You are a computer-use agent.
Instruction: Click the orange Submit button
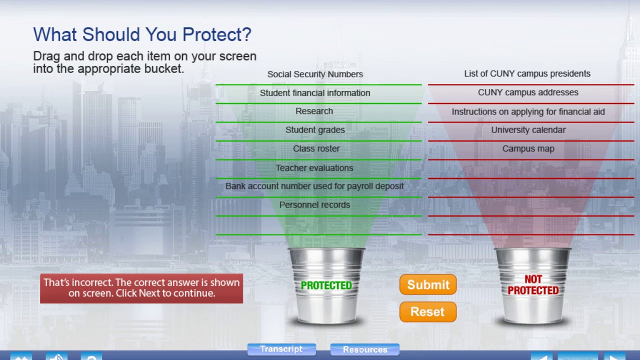(x=428, y=284)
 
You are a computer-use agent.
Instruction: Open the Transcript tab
(x=281, y=349)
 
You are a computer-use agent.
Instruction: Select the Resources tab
(x=364, y=349)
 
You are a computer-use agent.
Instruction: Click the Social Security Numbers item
(x=315, y=74)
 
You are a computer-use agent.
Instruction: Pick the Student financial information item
(x=315, y=93)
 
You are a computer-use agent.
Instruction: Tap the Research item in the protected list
(x=314, y=111)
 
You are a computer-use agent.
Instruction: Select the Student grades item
(x=315, y=130)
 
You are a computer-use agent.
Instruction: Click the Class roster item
(x=316, y=148)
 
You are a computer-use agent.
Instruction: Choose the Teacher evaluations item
(x=314, y=168)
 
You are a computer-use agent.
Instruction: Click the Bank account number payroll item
(x=314, y=186)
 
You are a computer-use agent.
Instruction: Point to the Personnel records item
(x=314, y=205)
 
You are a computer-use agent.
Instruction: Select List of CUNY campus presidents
(x=527, y=73)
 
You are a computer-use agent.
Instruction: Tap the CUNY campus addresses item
(x=528, y=92)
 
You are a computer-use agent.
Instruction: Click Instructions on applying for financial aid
(x=528, y=112)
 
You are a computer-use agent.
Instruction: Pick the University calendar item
(x=528, y=130)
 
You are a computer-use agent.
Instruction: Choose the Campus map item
(x=528, y=148)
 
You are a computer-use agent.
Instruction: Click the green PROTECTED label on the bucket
(x=326, y=285)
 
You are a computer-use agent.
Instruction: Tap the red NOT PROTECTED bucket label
(x=533, y=285)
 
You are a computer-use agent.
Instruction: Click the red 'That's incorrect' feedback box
(x=141, y=288)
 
